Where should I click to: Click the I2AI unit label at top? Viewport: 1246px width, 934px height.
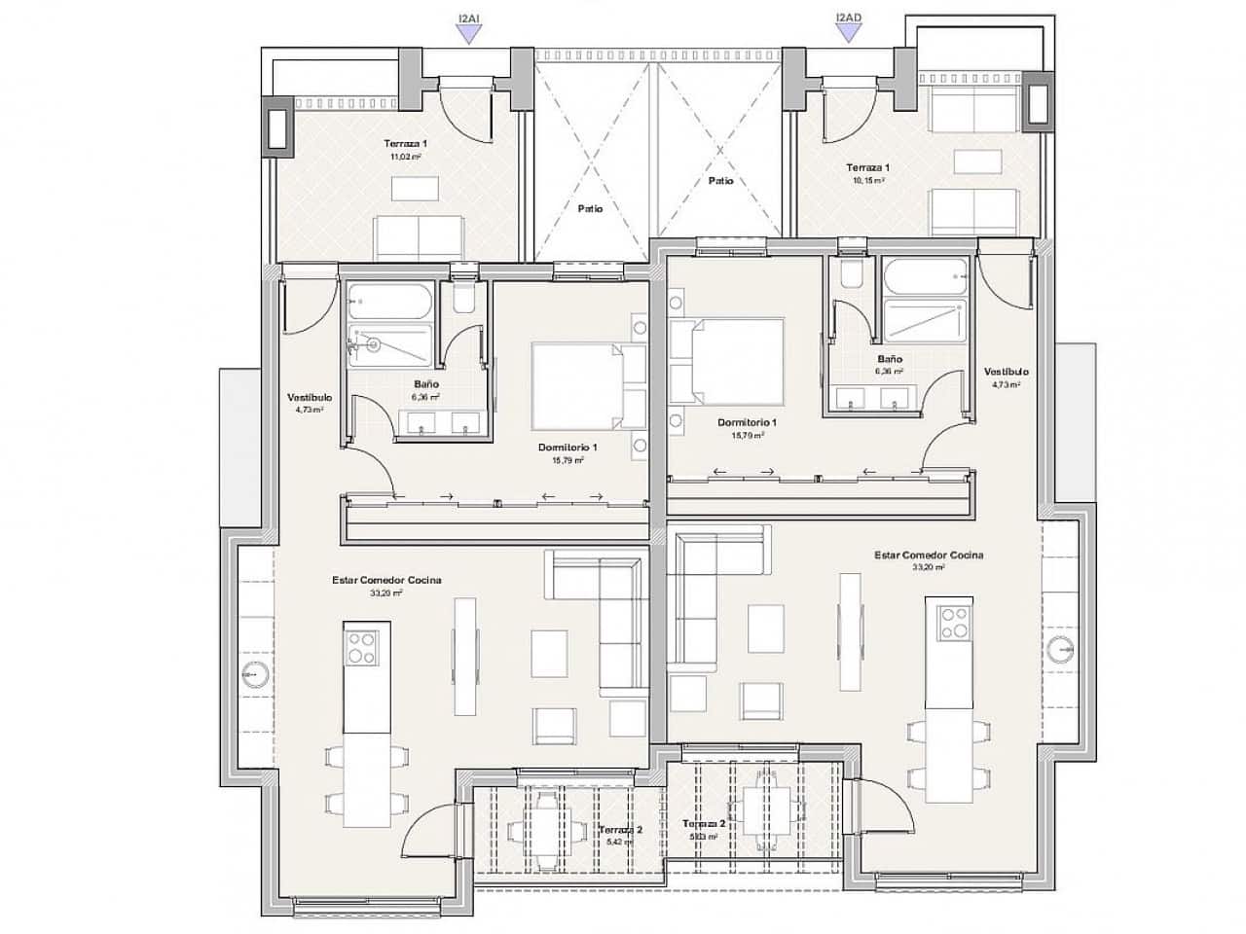469,17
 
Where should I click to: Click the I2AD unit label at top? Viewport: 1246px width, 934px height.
849,17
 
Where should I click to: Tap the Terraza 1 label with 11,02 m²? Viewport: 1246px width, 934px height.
405,143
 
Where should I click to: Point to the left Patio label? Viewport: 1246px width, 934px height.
590,208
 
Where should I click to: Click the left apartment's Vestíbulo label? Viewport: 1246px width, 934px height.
310,398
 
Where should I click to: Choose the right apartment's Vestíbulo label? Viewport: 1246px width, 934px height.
1006,372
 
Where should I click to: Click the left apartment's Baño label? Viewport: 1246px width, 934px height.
426,384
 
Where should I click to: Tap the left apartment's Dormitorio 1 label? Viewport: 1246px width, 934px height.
568,448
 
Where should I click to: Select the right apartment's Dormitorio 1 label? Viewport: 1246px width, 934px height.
747,422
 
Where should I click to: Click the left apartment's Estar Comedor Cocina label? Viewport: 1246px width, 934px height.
386,580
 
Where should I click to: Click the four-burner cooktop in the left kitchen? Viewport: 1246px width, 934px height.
361,648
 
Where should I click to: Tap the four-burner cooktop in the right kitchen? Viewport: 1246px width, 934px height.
954,623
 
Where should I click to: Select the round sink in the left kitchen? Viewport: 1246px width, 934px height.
255,674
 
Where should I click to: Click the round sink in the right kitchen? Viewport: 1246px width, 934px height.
1061,649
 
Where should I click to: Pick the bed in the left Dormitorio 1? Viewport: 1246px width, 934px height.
584,385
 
